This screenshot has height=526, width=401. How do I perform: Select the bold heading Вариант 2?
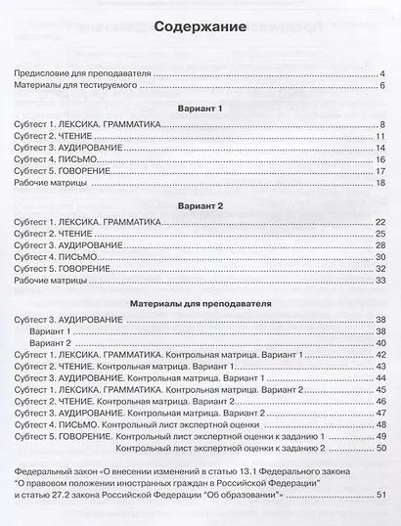[x=200, y=208]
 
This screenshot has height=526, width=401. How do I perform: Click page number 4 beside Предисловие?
[x=382, y=74]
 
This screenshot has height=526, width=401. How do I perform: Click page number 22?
[x=379, y=224]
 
